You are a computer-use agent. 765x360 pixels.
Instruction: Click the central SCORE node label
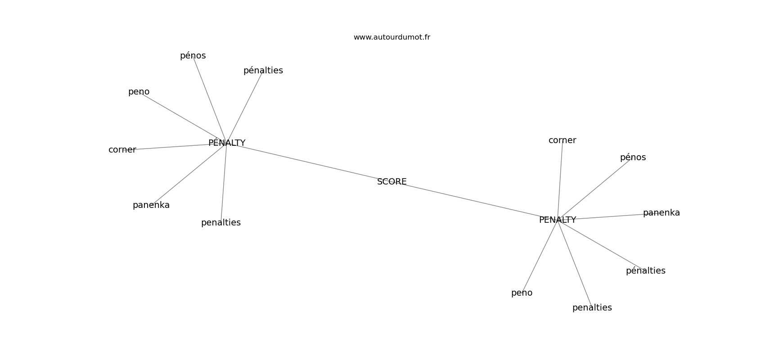coord(391,182)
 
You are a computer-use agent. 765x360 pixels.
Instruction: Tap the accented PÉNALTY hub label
coord(227,143)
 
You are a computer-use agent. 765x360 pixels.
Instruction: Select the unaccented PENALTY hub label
coord(557,220)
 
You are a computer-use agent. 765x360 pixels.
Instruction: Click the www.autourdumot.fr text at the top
coord(391,37)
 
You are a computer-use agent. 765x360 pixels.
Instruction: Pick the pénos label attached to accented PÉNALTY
coord(193,56)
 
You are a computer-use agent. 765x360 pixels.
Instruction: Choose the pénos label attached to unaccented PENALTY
coord(633,157)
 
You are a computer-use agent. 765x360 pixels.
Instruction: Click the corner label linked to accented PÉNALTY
coord(122,150)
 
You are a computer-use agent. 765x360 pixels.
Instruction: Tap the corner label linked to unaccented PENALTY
coord(562,140)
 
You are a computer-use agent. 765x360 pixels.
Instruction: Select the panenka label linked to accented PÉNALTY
coord(151,205)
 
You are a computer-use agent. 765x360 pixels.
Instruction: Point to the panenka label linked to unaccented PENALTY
coord(661,213)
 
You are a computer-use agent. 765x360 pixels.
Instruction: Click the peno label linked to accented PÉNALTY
coord(139,92)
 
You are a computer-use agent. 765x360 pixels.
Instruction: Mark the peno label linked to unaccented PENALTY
coord(522,293)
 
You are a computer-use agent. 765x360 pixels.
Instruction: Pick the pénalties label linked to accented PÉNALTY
coord(263,71)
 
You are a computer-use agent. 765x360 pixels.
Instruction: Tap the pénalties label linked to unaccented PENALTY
coord(645,271)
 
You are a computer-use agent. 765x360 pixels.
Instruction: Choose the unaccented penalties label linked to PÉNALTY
coord(220,223)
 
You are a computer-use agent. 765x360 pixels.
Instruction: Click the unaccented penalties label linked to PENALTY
coord(592,308)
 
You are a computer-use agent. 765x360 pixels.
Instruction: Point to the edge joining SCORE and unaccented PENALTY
coord(477,202)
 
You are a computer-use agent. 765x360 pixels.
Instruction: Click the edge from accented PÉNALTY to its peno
coord(184,118)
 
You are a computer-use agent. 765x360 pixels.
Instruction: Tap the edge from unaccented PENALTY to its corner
coord(560,180)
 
